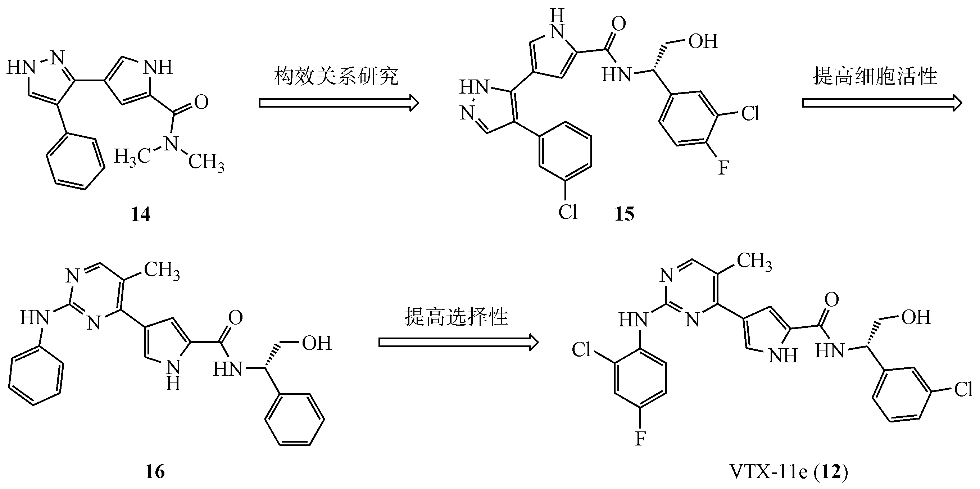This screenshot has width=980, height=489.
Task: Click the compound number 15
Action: (x=624, y=214)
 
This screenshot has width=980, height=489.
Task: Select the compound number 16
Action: (x=155, y=472)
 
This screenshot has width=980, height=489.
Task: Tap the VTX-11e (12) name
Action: (x=789, y=472)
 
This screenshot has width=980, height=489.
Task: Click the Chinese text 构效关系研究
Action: (x=336, y=76)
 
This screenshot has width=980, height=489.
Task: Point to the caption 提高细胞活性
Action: (x=875, y=76)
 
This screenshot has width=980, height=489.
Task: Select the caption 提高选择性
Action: (x=456, y=316)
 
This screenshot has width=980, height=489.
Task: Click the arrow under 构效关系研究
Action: (x=338, y=103)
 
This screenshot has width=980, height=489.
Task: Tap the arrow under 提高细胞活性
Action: (x=881, y=103)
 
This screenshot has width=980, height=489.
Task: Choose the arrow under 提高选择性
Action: (x=458, y=343)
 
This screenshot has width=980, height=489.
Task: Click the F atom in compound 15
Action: (x=723, y=167)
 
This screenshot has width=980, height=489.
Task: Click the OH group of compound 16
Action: (x=317, y=343)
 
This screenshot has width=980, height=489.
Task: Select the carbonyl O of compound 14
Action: (x=201, y=102)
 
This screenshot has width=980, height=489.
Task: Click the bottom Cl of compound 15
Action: (x=568, y=212)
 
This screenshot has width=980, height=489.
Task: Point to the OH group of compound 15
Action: (x=703, y=41)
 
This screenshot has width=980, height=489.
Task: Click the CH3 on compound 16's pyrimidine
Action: (x=162, y=271)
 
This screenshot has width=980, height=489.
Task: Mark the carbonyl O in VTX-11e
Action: (x=832, y=300)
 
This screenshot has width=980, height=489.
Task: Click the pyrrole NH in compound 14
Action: (x=159, y=67)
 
